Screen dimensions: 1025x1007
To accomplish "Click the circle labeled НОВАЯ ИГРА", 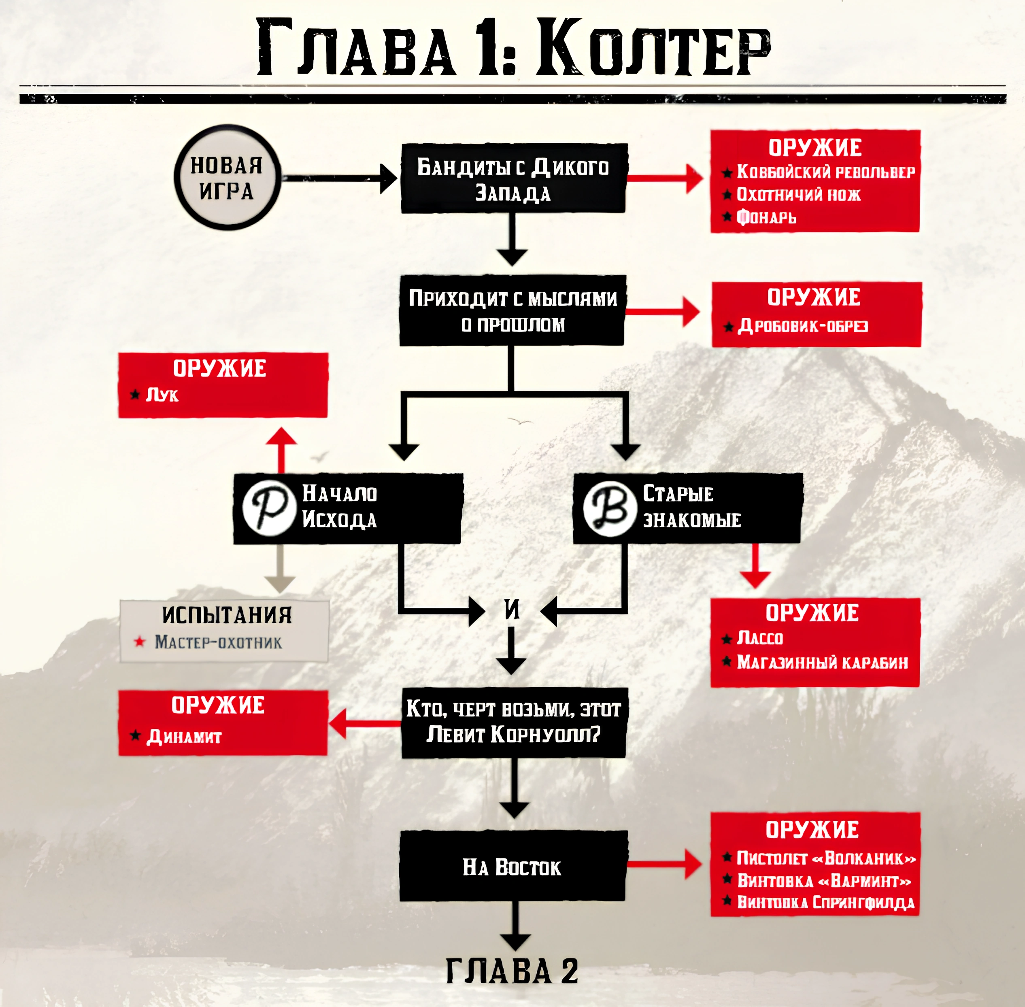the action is (226, 178).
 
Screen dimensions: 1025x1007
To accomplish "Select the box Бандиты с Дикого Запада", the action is (513, 179).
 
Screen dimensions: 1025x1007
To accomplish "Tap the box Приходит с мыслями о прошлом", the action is (512, 311).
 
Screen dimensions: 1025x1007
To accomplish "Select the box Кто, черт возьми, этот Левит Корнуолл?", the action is (513, 722).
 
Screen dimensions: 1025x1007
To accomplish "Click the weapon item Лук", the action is (162, 395).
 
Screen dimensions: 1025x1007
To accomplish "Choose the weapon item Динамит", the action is (183, 736).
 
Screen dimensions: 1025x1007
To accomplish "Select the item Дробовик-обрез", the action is (802, 326).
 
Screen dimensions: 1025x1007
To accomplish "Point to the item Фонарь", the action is (766, 217).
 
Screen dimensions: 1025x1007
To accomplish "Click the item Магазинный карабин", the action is (823, 662).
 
